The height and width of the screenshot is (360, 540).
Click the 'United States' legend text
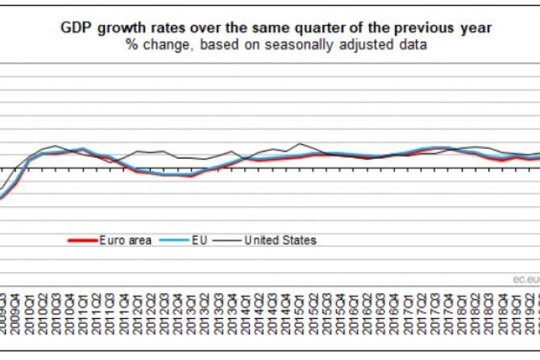[280, 240]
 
